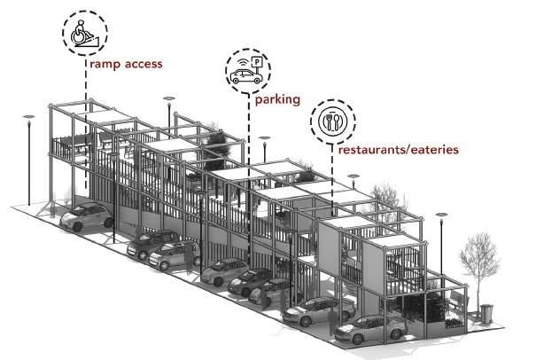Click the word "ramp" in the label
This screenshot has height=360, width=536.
103,65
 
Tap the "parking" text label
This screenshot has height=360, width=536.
276,100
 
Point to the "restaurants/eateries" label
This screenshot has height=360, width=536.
398,150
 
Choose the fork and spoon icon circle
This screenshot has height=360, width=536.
332,123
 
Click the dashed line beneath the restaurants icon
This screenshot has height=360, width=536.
332,177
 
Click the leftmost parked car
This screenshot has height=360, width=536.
86,216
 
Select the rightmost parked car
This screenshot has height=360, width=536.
372,330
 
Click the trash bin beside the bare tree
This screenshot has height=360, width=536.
486,313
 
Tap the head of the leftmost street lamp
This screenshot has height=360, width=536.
29,115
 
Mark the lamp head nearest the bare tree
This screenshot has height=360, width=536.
440,215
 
